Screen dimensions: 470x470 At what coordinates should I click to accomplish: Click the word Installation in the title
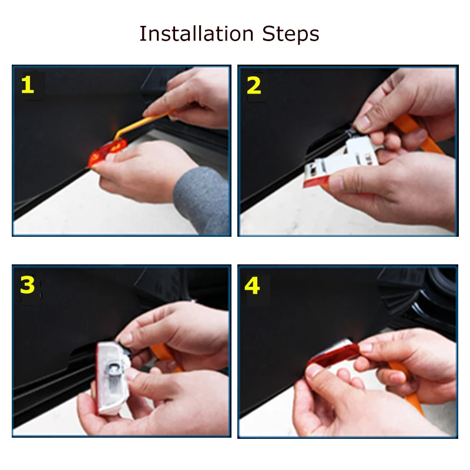pos(197,33)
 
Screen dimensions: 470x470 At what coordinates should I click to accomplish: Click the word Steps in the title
pos(290,34)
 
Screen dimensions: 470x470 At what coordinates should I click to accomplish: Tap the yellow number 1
pos(28,85)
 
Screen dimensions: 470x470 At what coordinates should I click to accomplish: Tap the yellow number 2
pos(254,85)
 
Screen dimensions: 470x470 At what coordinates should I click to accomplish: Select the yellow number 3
pos(28,285)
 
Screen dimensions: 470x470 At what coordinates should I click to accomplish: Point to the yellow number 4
pos(252,286)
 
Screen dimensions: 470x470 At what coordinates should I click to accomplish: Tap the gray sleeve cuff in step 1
pos(202,200)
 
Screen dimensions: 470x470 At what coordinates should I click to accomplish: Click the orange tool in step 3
pos(166,356)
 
